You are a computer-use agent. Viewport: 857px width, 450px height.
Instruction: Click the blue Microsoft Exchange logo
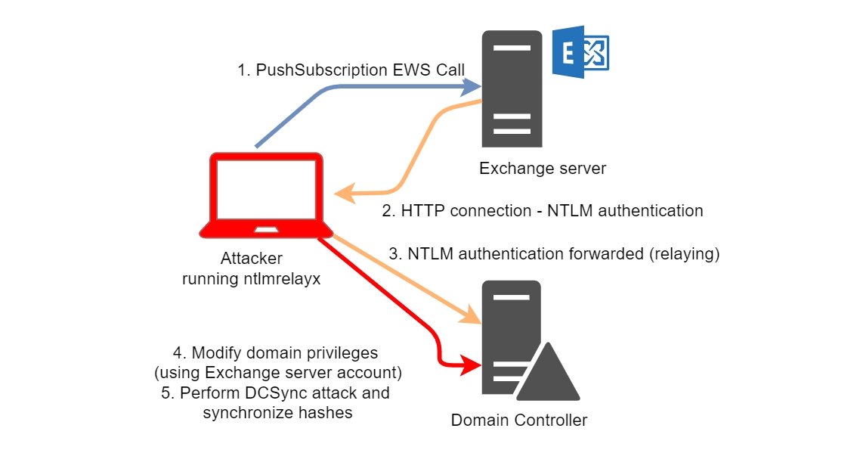point(580,52)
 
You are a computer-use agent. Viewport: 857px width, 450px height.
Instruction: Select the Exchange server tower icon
point(512,88)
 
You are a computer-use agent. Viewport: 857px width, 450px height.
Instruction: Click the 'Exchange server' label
point(543,168)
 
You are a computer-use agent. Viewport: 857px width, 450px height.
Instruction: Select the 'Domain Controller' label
point(519,420)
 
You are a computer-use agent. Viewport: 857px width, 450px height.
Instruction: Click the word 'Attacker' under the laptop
point(252,259)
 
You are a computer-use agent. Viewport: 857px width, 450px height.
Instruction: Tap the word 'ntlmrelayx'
point(281,278)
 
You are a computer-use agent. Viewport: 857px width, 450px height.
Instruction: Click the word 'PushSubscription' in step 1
point(321,70)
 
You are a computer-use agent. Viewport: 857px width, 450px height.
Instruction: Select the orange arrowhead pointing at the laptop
point(345,194)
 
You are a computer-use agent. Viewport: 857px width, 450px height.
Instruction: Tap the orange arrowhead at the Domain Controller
point(472,318)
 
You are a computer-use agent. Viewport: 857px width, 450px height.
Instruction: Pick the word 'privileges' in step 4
point(342,352)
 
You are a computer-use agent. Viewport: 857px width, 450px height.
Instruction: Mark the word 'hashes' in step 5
point(327,413)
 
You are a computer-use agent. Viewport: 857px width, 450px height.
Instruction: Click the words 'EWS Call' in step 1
point(428,70)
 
